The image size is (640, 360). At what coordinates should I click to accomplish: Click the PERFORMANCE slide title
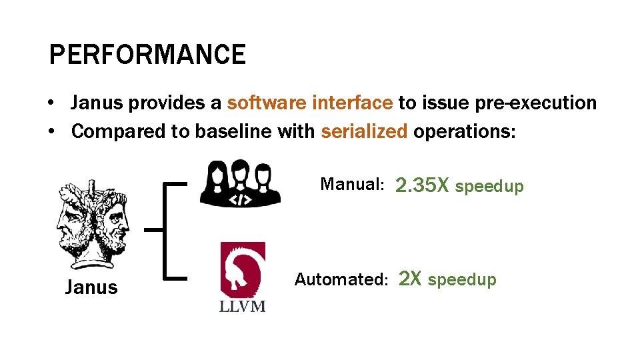click(x=147, y=55)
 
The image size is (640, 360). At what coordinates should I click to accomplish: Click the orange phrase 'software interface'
click(x=310, y=103)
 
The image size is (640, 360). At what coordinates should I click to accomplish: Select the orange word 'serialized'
click(x=364, y=131)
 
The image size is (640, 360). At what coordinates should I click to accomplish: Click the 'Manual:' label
click(x=352, y=184)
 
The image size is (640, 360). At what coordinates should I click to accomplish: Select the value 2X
click(x=409, y=279)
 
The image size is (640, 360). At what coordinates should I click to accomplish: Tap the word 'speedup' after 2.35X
click(x=489, y=186)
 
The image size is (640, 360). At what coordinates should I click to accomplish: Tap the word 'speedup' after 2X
click(x=462, y=280)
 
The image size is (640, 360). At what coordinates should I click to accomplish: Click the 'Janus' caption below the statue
click(x=91, y=288)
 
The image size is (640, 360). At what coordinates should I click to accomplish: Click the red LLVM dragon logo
click(x=243, y=269)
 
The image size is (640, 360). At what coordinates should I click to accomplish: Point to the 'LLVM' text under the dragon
click(x=243, y=306)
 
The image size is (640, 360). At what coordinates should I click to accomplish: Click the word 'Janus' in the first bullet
click(x=97, y=103)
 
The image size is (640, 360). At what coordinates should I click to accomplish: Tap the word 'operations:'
click(x=465, y=131)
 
